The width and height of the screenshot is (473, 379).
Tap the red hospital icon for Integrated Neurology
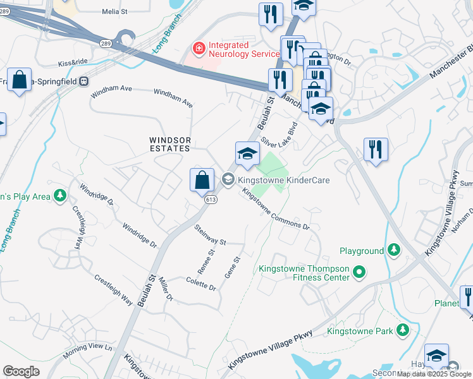tap(199, 47)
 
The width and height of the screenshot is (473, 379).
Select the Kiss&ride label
tap(73, 63)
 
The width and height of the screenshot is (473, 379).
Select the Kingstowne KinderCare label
tap(283, 180)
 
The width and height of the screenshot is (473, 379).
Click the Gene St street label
tap(233, 267)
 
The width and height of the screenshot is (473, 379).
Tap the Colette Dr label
tap(201, 284)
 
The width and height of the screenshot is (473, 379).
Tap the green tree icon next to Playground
tap(394, 251)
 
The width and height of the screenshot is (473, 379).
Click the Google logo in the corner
tap(21, 371)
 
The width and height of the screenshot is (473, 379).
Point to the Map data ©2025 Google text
tap(434, 374)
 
